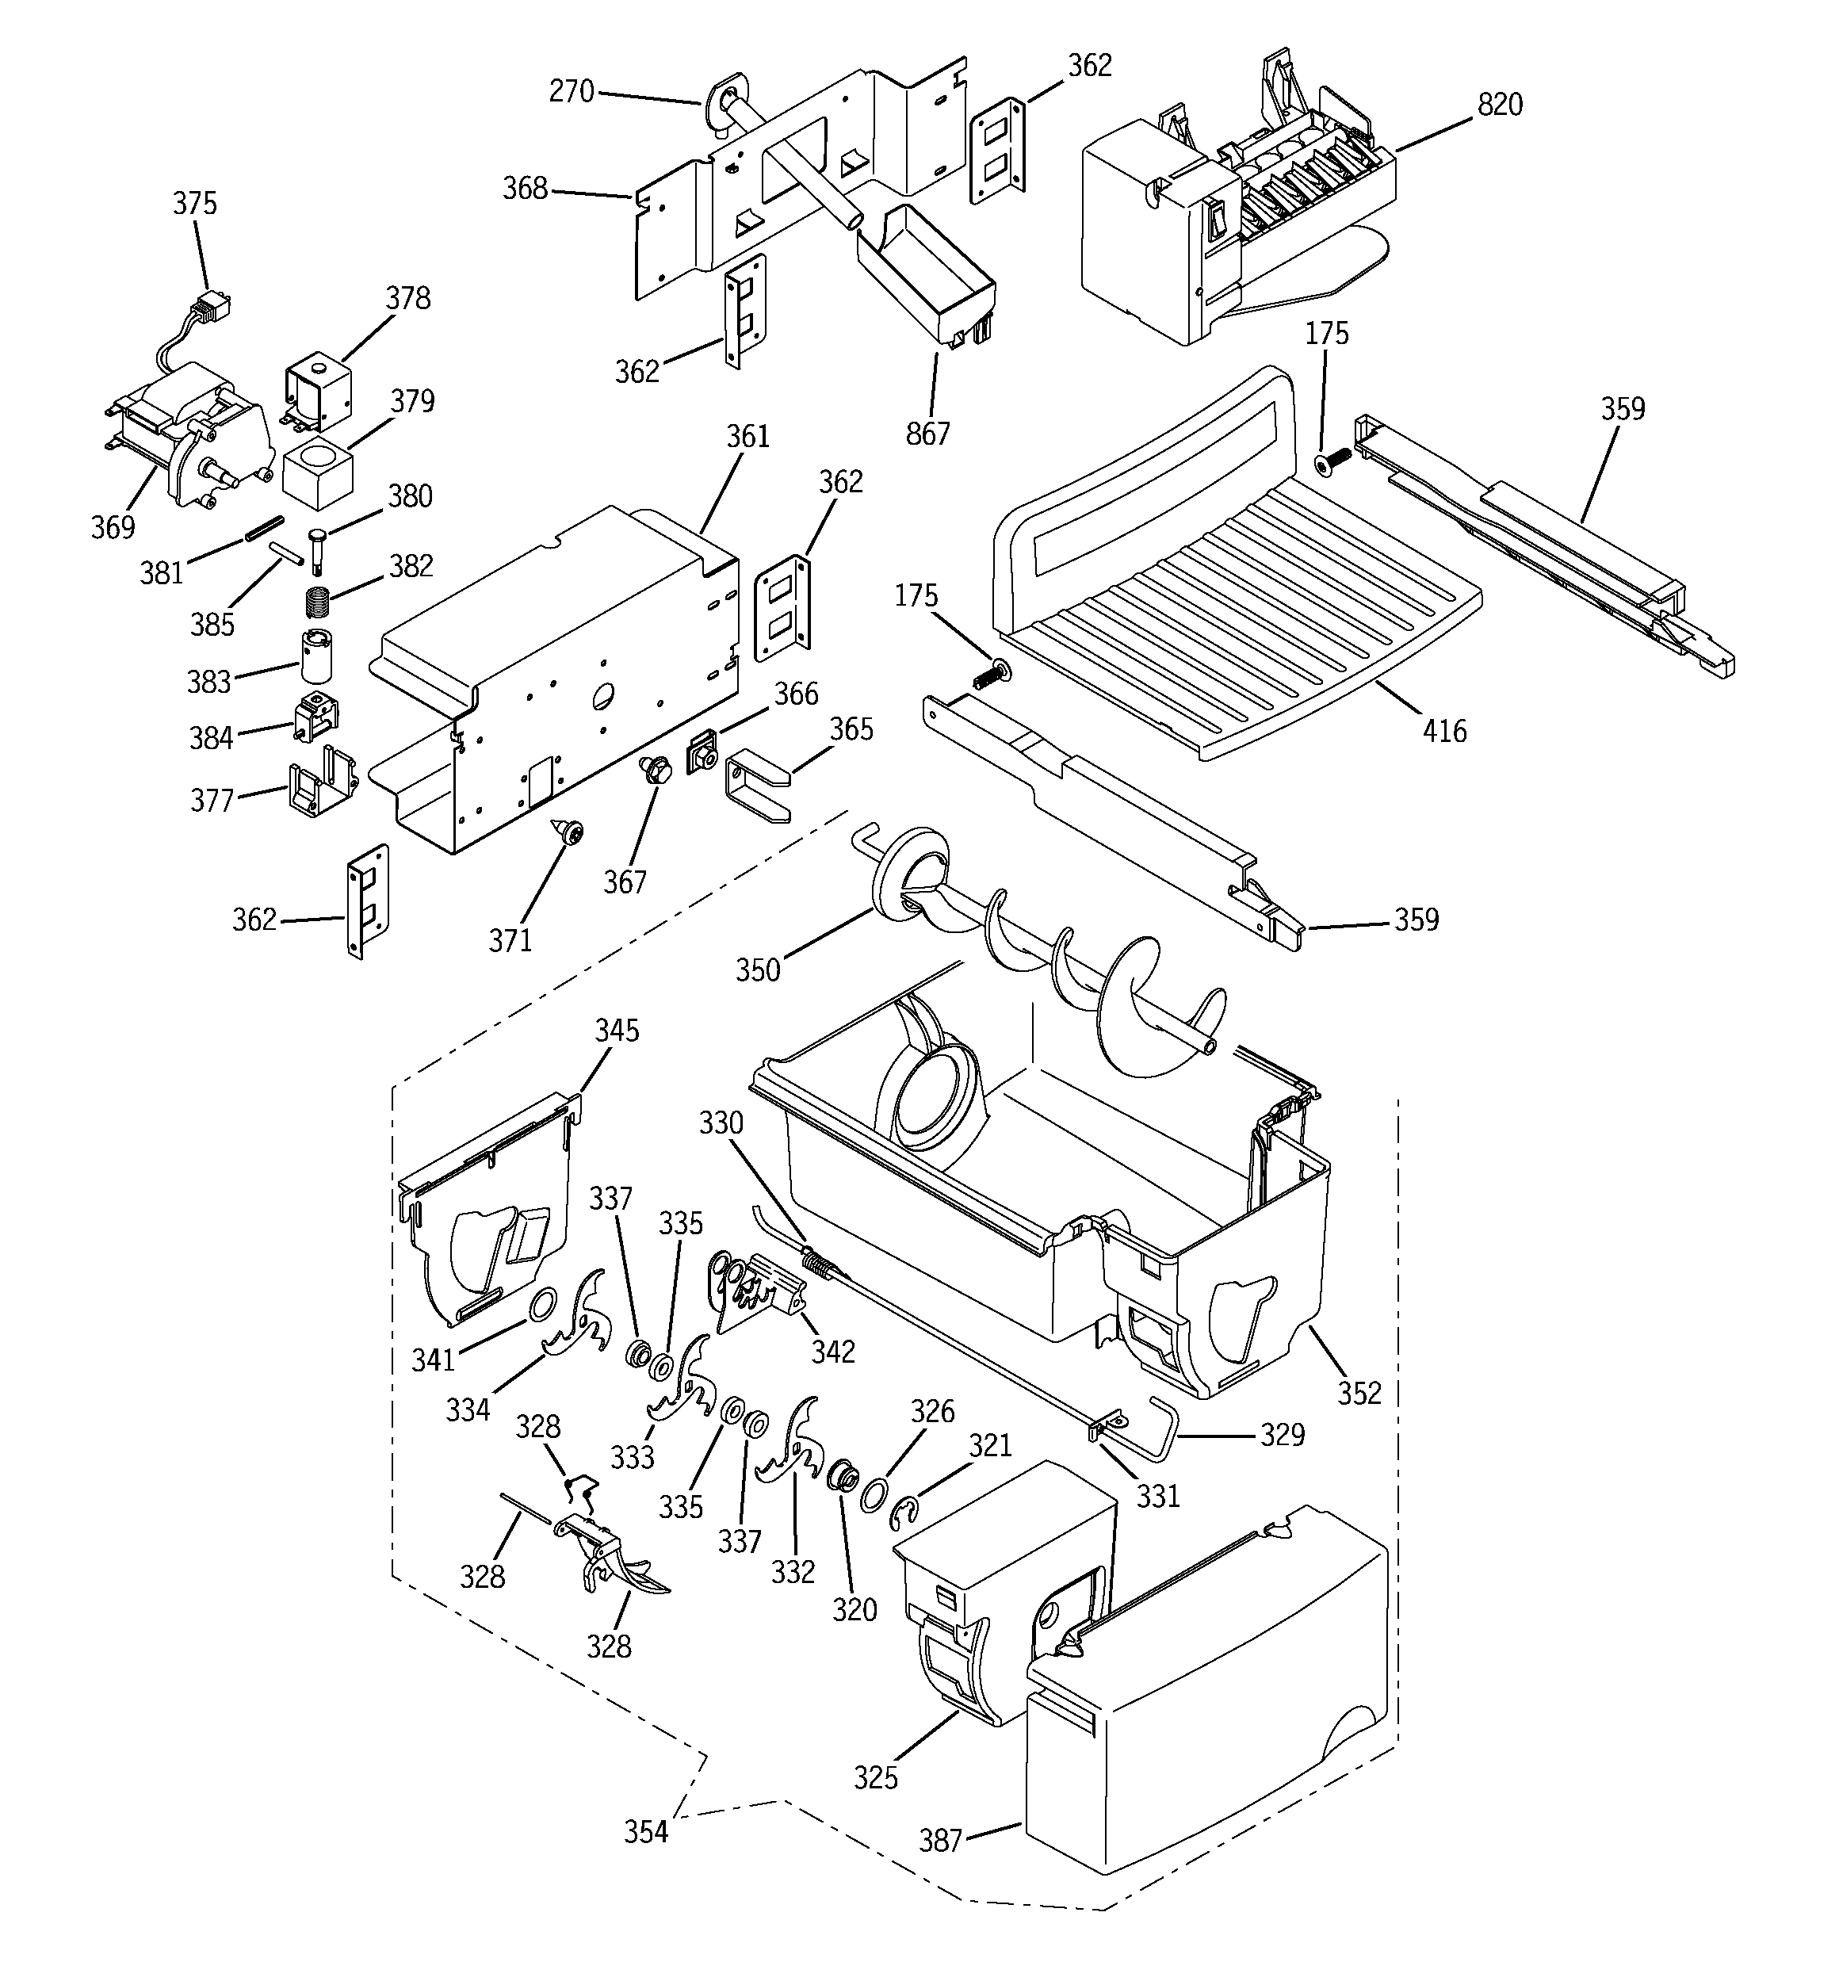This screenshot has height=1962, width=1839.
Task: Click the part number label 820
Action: click(1500, 105)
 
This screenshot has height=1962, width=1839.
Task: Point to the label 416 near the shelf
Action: click(1444, 732)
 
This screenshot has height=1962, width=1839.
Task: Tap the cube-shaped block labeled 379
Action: click(317, 474)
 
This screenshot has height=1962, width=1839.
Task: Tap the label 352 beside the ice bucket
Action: click(1359, 1393)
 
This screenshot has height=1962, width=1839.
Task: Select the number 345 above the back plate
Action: click(617, 1031)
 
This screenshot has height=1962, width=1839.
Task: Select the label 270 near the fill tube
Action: click(572, 92)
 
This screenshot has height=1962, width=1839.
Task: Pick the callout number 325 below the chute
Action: click(876, 1777)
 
